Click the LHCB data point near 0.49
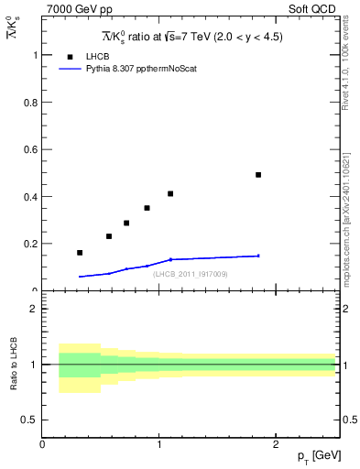coord(258,174)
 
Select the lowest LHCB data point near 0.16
coord(80,253)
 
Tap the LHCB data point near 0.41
coord(170,193)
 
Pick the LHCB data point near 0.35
coord(147,208)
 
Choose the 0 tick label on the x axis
coord(43,443)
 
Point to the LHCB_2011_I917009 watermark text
coord(191,274)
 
